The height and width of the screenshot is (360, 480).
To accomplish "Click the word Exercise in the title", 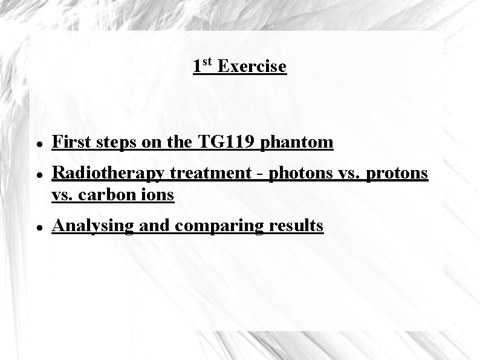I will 251,66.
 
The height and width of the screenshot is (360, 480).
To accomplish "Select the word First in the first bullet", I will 70,142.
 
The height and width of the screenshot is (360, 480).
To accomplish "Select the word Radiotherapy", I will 108,174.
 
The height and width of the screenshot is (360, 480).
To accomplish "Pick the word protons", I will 397,174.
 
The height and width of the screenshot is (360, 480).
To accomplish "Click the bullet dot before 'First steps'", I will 38,145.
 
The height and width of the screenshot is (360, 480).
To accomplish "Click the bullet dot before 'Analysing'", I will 38,228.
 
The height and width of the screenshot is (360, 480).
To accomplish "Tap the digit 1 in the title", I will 197,66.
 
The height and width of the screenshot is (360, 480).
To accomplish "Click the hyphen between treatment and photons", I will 261,175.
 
